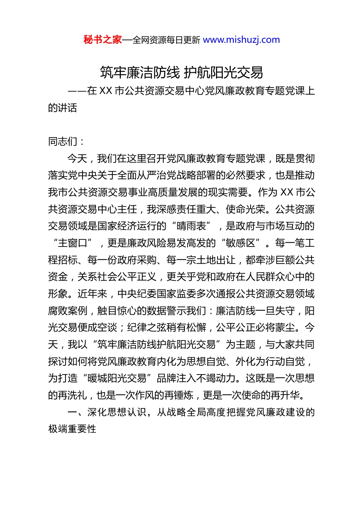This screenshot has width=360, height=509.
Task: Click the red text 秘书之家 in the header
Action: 103,40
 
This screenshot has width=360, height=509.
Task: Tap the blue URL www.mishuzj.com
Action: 241,40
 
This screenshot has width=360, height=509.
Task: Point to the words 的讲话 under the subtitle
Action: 63,108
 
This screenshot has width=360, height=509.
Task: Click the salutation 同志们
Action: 63,142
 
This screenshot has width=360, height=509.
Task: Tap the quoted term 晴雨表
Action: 191,226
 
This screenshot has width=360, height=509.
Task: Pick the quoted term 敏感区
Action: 241,243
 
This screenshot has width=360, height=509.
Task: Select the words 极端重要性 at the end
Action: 72,429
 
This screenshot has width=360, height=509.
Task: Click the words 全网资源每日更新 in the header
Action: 166,40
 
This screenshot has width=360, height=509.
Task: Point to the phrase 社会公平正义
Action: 127,277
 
